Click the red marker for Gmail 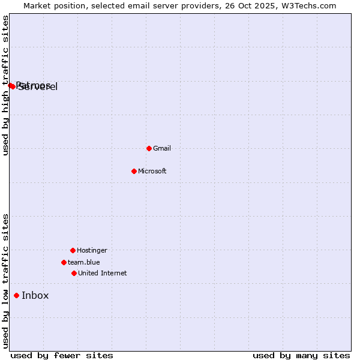point(149,148)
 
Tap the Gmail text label point(162,148)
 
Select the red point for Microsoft point(134,171)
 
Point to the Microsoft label point(152,171)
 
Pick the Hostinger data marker point(73,250)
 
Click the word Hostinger point(92,250)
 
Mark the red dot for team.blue point(64,262)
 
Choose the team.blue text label point(84,262)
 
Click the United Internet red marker point(74,273)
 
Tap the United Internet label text point(103,273)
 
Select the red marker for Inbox point(16,295)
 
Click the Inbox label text point(35,295)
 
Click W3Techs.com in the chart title point(310,5)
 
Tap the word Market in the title point(38,5)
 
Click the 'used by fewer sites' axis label point(62,355)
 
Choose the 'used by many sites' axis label point(301,355)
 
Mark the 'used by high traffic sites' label point(5,86)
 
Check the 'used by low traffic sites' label point(5,281)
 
